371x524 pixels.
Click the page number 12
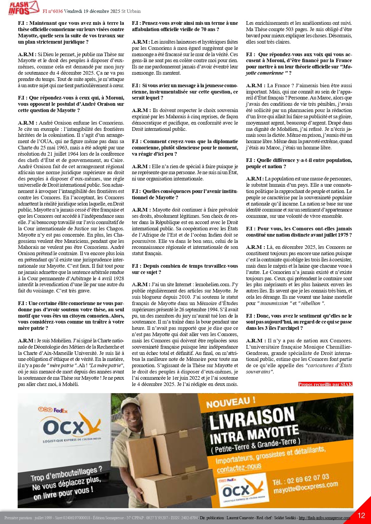tap(361, 515)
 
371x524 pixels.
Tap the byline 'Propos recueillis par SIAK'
tap(325, 384)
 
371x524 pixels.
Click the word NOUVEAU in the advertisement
tap(231, 402)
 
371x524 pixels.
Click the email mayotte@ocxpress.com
tap(306, 488)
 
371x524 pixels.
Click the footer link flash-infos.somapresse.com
tap(324, 518)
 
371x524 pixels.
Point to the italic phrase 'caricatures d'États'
tap(329, 365)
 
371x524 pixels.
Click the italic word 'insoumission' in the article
tap(274, 303)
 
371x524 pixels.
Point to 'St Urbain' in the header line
tap(131, 11)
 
